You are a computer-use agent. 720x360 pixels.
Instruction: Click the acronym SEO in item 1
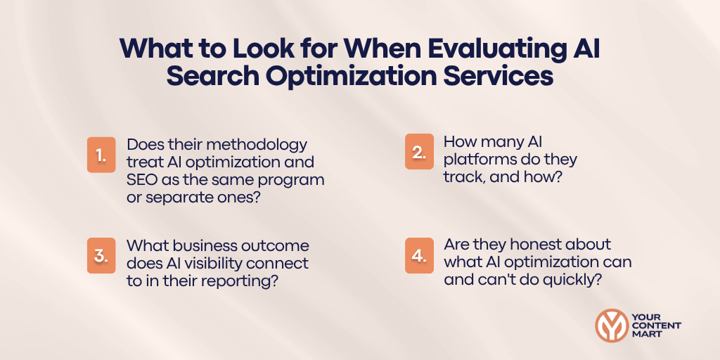(143, 179)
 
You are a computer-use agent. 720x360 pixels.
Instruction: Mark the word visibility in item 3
(234, 264)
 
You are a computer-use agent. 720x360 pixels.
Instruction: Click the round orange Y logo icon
(611, 326)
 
